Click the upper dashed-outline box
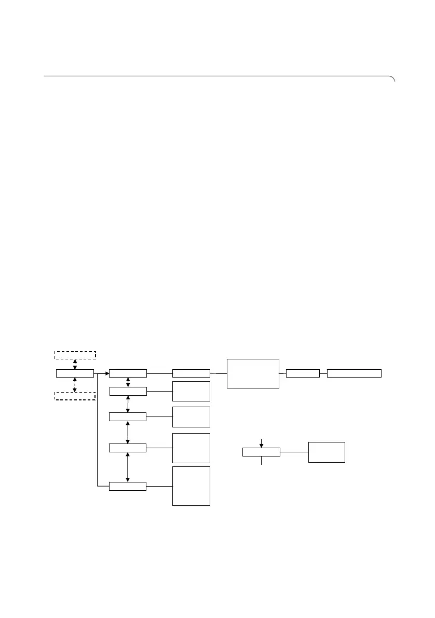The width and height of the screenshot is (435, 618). click(x=75, y=355)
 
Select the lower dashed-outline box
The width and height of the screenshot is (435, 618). click(x=75, y=396)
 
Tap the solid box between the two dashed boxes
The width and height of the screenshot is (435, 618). click(x=75, y=373)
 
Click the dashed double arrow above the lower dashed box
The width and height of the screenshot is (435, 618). click(x=75, y=384)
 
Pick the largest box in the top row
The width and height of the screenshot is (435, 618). click(x=253, y=373)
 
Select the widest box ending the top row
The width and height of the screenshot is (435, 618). click(x=355, y=373)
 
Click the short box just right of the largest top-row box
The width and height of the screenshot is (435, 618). click(x=303, y=373)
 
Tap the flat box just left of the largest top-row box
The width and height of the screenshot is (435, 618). click(x=191, y=373)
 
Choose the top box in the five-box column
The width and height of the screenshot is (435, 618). click(x=128, y=373)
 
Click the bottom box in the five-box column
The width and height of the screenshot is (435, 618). click(x=128, y=486)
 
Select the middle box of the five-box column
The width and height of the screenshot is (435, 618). click(x=128, y=417)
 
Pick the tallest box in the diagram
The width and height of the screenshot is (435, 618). click(x=191, y=486)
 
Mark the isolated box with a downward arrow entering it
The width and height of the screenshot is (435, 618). click(x=261, y=452)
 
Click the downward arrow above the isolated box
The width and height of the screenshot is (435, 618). click(x=261, y=442)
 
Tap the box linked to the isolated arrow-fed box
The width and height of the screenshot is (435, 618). click(x=327, y=452)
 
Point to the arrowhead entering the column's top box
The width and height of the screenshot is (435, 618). click(x=107, y=373)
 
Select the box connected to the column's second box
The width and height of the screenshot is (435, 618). click(x=191, y=391)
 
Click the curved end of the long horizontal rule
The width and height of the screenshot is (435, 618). click(x=393, y=79)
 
